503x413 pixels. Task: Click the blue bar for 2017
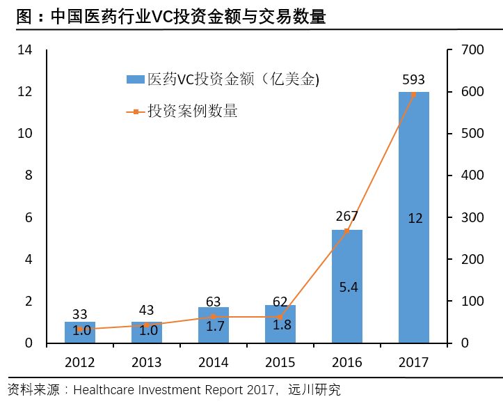pyautogui.click(x=414, y=217)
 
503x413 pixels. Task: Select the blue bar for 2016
pyautogui.click(x=347, y=286)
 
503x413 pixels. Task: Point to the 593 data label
pyautogui.click(x=413, y=79)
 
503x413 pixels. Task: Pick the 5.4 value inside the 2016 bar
pyautogui.click(x=349, y=286)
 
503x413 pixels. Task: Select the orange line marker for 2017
pyautogui.click(x=414, y=94)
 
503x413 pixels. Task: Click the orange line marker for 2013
pyautogui.click(x=147, y=325)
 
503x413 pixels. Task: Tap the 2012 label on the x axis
pyautogui.click(x=79, y=362)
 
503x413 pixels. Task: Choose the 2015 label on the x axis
pyautogui.click(x=280, y=362)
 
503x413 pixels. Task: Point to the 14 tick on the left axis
pyautogui.click(x=25, y=50)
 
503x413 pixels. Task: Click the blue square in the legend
pyautogui.click(x=134, y=79)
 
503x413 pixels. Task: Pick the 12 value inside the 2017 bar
pyautogui.click(x=415, y=218)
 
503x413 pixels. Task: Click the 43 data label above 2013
pyautogui.click(x=146, y=311)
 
